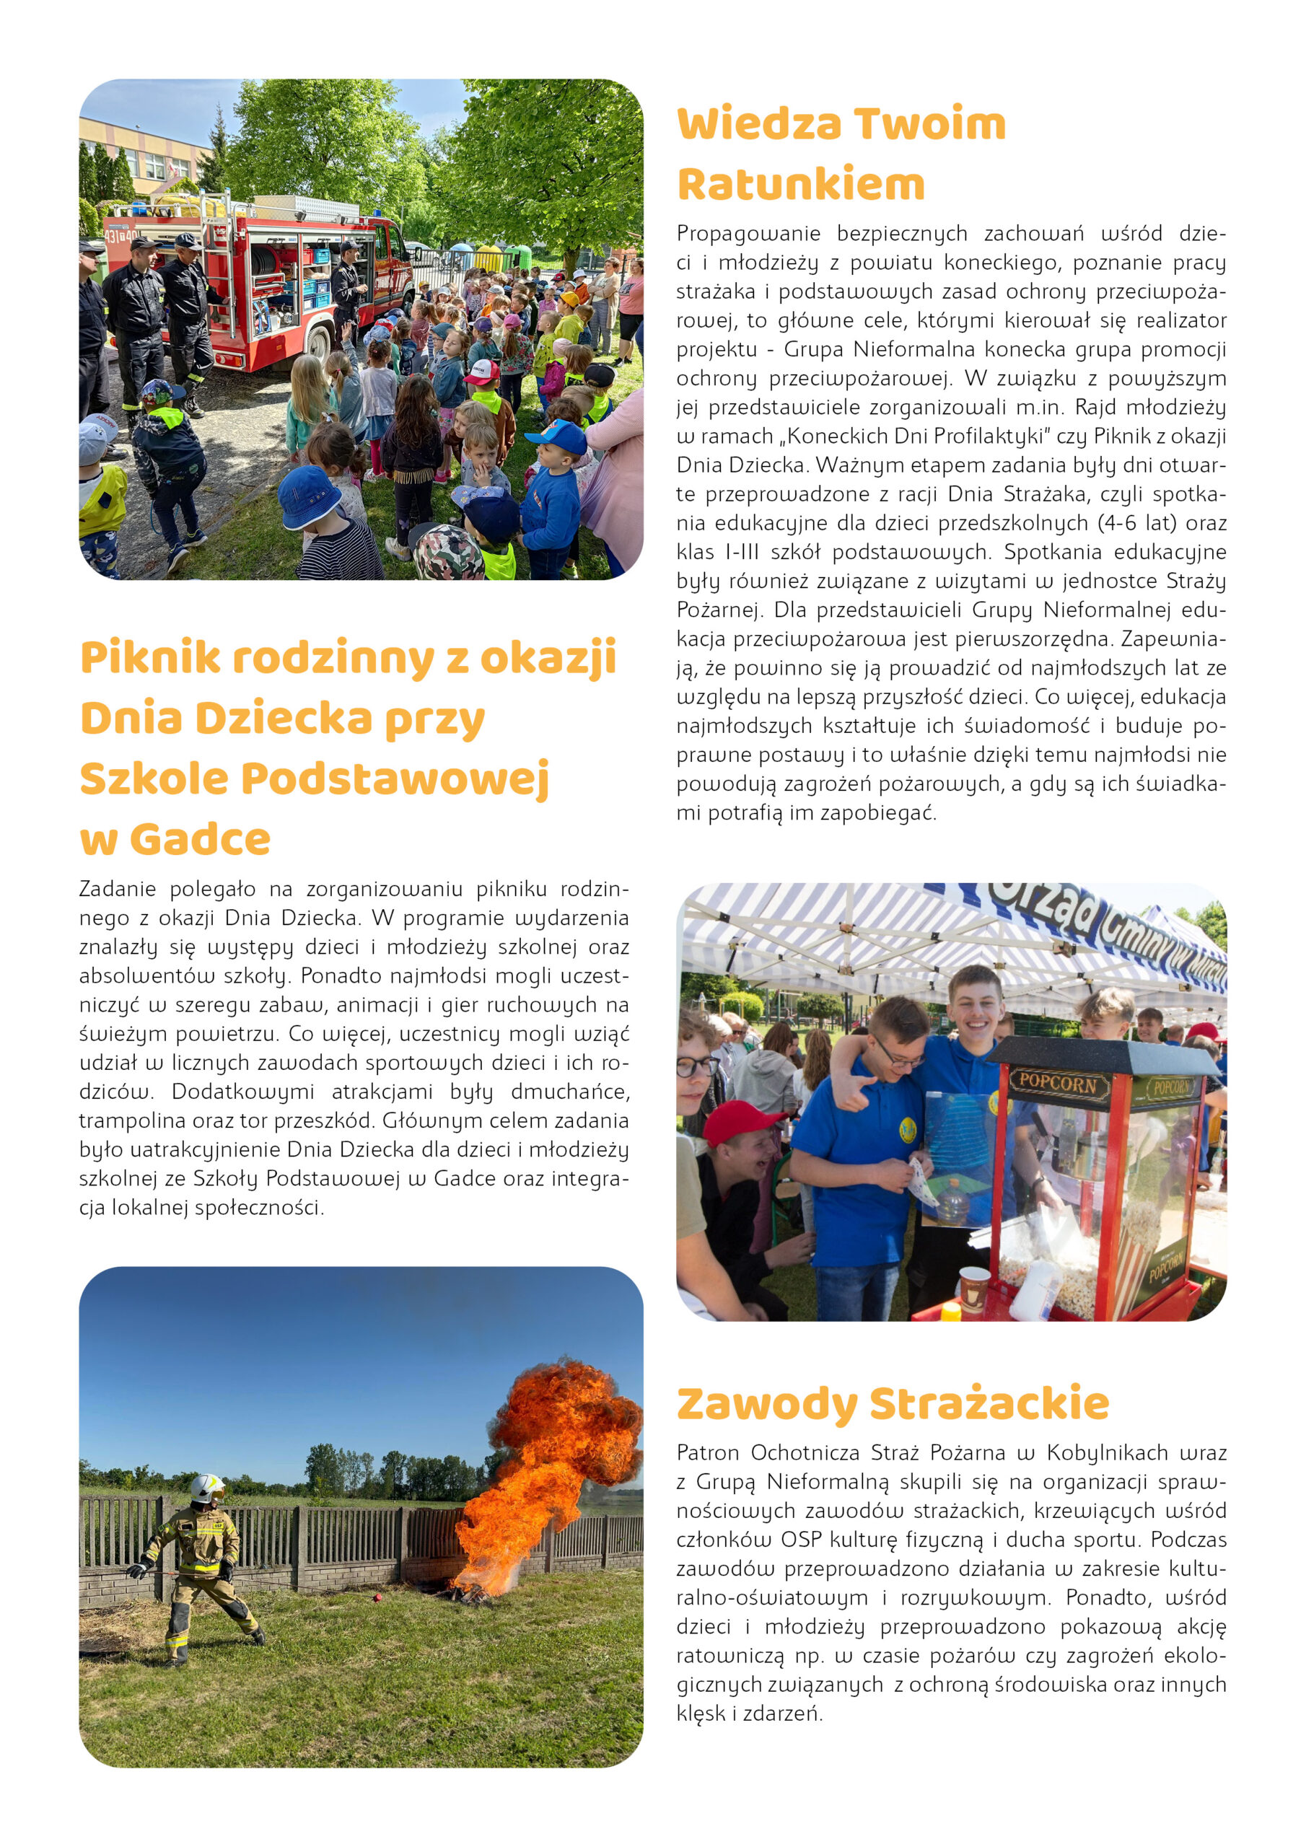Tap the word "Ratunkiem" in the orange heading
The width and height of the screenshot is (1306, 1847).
[801, 184]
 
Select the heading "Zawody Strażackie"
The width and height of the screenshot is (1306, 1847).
[893, 1404]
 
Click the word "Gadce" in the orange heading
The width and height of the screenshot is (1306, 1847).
[201, 839]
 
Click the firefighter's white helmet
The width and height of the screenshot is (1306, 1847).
[207, 1486]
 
